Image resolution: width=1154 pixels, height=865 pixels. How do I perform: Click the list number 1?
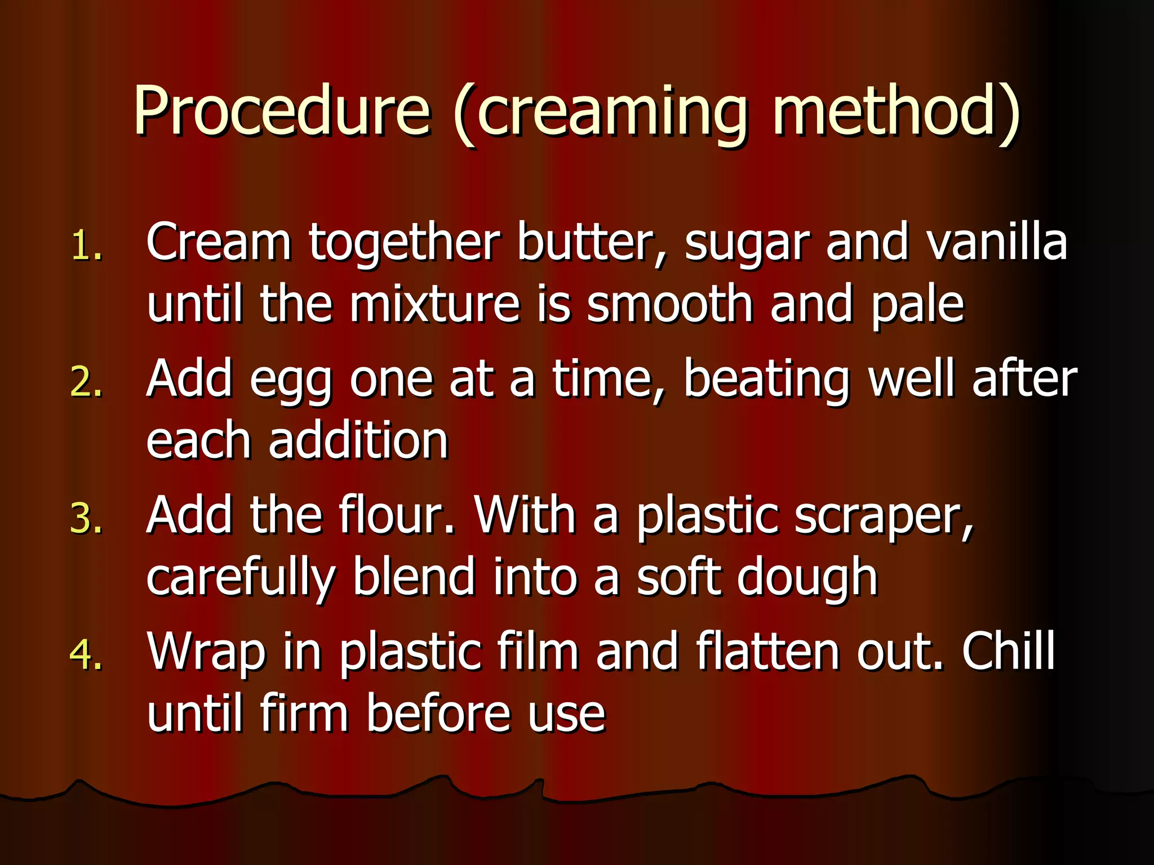coord(87,246)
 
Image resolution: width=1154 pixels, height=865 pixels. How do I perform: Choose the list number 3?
coord(87,518)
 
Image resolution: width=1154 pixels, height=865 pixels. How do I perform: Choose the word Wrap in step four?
coord(206,653)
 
